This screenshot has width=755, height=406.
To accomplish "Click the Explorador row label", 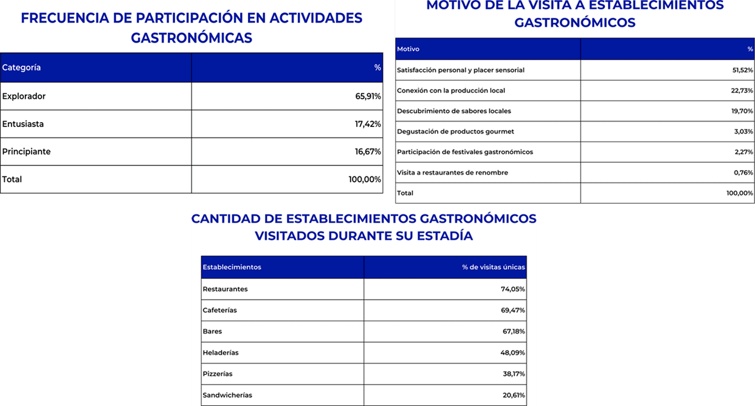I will pos(24,96).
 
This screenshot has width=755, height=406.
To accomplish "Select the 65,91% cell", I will pos(368,96).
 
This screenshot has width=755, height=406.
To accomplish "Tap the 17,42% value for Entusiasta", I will pos(368,124).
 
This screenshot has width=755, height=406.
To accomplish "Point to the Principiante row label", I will pos(27,151).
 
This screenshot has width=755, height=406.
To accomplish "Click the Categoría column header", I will pos(22,67).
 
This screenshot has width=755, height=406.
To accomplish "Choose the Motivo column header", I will pos(408,49).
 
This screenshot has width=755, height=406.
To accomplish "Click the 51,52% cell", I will pos(742,70).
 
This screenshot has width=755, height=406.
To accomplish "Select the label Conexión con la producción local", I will pos(451,91).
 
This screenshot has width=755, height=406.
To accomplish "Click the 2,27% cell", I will pos(743,152).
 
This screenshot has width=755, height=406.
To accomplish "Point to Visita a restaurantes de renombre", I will pos(452,173).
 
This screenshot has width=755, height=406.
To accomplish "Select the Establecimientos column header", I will pos(232,267).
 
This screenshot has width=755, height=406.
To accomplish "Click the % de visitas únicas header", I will pos(493,267).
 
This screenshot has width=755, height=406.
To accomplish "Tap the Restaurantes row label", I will pos(225,289).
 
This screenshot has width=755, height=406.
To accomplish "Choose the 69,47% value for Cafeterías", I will pos(513,310).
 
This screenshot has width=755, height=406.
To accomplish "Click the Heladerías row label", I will pos(221,353).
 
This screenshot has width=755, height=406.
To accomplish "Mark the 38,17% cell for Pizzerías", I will pos(514,374).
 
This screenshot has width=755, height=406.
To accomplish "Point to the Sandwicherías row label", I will pos(227,395).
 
